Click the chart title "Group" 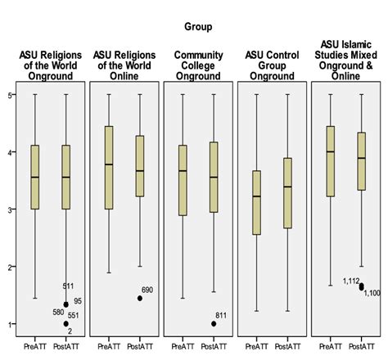point(197,27)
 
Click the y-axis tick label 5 point(10,95)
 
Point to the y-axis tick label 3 point(10,210)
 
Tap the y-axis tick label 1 point(10,324)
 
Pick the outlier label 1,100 point(372,293)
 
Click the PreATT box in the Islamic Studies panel point(330,161)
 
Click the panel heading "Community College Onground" point(198,65)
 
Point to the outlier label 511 point(70,286)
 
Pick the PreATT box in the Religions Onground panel point(35,177)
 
